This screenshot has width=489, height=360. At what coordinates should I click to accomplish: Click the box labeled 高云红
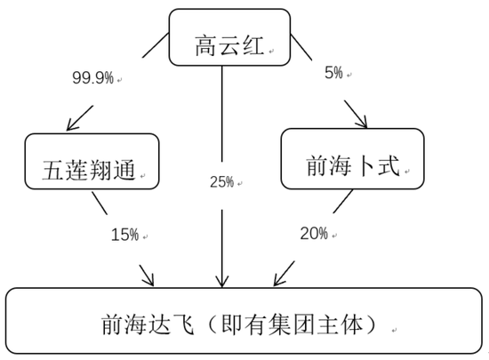(229, 37)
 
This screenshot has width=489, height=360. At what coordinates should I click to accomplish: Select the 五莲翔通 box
(92, 162)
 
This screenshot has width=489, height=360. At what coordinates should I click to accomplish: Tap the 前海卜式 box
(352, 158)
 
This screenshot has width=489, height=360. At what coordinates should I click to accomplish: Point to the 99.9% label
(93, 77)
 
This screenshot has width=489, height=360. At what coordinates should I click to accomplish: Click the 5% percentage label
(333, 73)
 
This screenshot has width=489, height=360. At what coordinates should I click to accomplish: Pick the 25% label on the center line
(221, 182)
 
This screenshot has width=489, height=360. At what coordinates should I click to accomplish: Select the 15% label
(124, 235)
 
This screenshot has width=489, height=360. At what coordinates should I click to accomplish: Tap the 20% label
(314, 234)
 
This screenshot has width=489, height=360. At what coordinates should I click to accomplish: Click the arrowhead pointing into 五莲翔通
(73, 124)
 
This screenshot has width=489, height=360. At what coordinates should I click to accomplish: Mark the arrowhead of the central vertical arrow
(221, 282)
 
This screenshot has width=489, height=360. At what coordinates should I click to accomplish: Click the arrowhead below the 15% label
(148, 280)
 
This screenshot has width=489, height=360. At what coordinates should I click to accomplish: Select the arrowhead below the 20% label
(279, 279)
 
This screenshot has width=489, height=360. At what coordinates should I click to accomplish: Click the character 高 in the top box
(206, 46)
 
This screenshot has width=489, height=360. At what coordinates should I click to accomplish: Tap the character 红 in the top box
(253, 46)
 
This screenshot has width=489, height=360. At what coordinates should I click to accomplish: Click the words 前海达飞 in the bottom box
(148, 324)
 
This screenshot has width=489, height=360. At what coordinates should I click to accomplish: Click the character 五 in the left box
(53, 170)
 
